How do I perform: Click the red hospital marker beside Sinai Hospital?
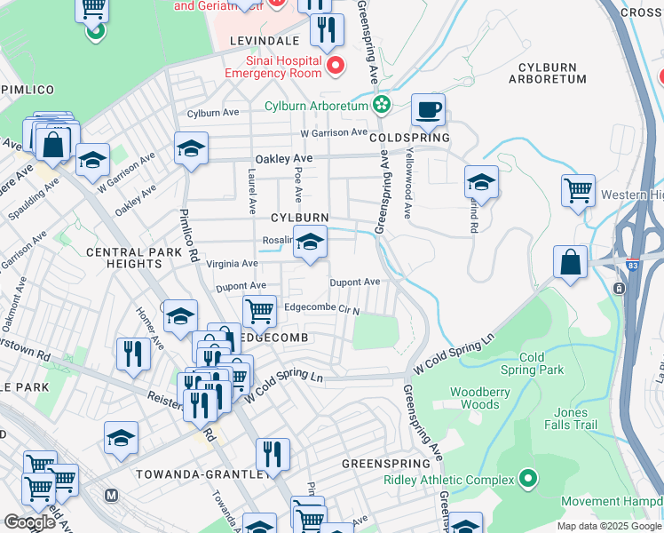pos(336,67)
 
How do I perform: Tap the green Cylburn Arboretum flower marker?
pos(382,106)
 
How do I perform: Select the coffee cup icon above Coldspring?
pos(429,110)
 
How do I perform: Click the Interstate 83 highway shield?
pos(618,289)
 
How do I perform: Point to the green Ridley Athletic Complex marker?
pos(528,480)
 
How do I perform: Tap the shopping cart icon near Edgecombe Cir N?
pos(259,312)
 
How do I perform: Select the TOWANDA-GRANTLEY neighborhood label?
pos(202,473)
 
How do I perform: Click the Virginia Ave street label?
pos(233,263)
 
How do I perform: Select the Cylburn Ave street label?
pos(214,114)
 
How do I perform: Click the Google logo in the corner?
pos(28,521)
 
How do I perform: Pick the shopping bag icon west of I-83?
pos(570,262)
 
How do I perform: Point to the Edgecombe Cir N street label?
pos(321,310)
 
